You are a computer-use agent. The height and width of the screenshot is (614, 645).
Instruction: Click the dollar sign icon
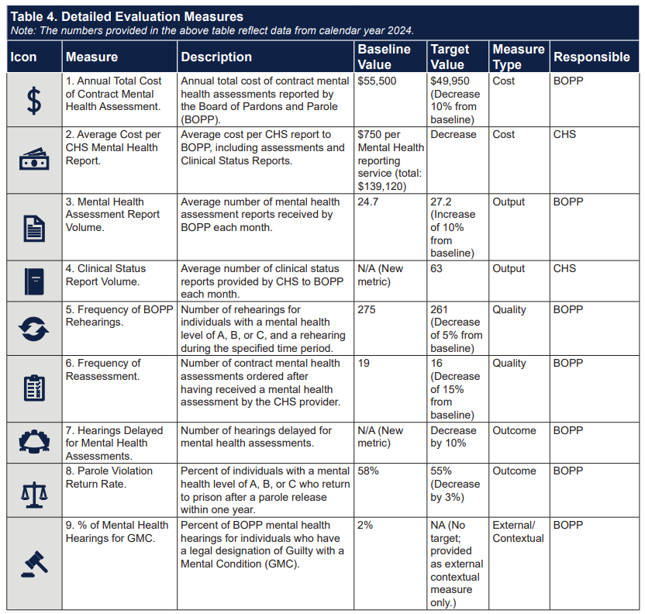click(x=34, y=101)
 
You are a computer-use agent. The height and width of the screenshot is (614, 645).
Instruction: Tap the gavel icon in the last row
click(x=34, y=563)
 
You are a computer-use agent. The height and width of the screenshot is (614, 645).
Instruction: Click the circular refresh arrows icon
click(x=34, y=328)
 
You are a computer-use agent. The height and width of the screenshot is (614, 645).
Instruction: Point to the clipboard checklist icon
click(x=34, y=388)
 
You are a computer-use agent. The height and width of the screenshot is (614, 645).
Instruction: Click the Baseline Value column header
click(x=384, y=57)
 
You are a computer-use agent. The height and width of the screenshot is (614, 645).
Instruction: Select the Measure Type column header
click(x=518, y=57)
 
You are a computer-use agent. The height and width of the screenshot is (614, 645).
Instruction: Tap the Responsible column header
click(x=591, y=57)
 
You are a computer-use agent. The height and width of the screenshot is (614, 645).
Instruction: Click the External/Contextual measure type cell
click(x=518, y=531)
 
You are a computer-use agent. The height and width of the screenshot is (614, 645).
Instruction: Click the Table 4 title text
click(x=126, y=16)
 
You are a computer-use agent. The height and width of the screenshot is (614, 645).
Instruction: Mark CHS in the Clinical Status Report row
click(x=564, y=268)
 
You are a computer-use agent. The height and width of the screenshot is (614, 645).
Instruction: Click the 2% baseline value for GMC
click(x=364, y=525)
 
